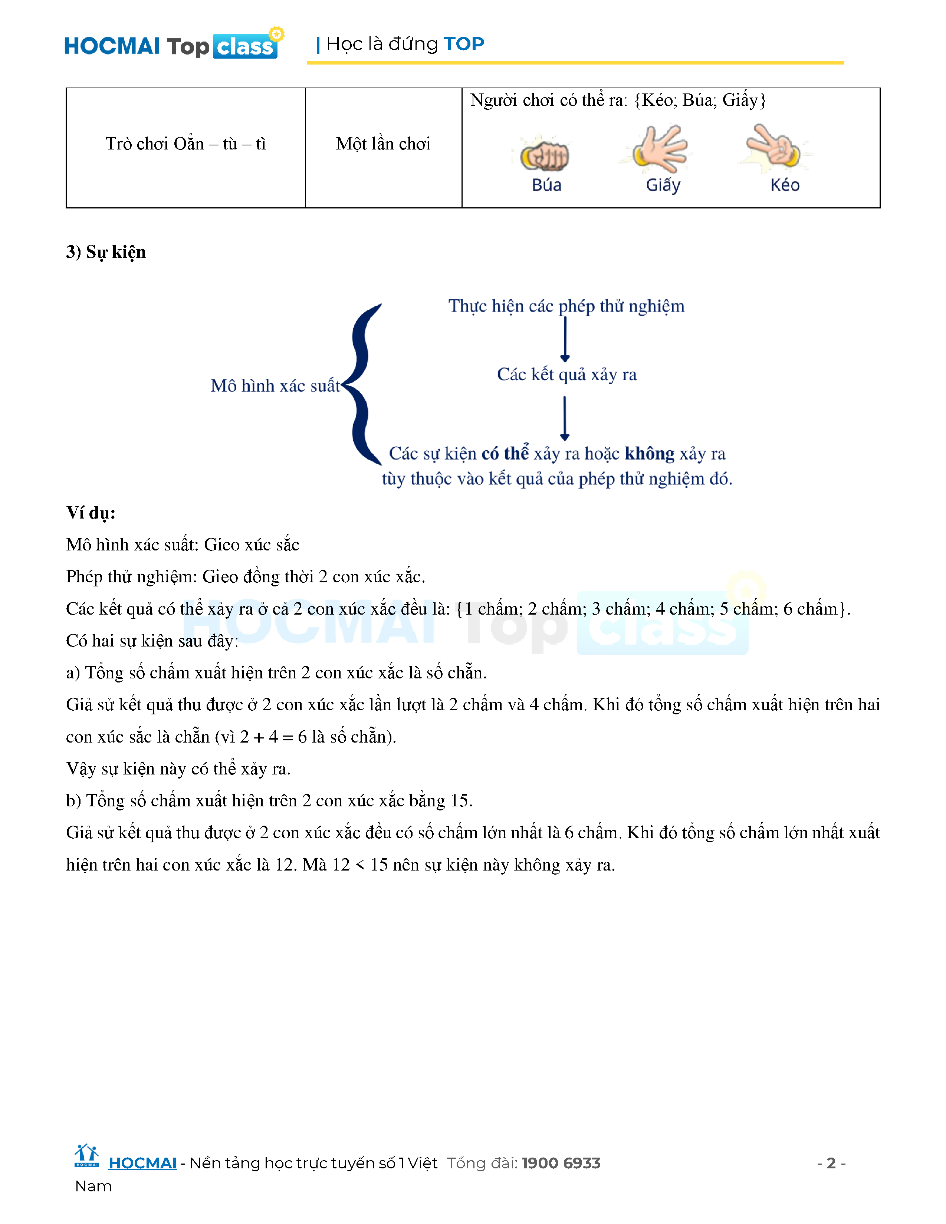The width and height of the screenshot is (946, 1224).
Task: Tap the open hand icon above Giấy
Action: (661, 149)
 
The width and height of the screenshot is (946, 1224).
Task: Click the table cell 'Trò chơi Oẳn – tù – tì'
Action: (185, 144)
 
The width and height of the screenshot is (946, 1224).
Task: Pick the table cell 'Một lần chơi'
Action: (383, 144)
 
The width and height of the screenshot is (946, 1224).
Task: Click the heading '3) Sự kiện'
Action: (106, 252)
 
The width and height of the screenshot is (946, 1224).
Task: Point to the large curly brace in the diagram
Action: (363, 385)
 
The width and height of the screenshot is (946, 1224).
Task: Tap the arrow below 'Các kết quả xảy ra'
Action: (565, 418)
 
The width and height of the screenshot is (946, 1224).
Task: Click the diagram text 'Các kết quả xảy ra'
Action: (566, 374)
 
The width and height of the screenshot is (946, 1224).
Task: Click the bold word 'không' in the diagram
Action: (649, 453)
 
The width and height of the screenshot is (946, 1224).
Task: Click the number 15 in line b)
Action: (460, 801)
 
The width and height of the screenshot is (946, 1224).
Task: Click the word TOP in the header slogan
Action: (463, 44)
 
